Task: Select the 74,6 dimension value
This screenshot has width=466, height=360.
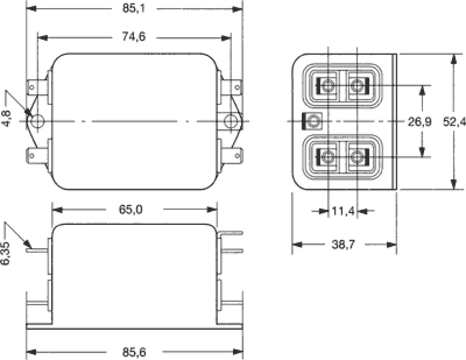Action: [x=134, y=37]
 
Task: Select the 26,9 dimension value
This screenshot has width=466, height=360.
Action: [x=419, y=122]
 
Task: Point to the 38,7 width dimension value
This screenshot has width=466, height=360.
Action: [x=344, y=245]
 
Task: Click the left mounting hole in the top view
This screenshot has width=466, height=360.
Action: [x=37, y=121]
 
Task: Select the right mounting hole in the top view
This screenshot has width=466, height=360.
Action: [x=231, y=121]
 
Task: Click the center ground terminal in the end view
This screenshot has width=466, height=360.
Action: [x=313, y=122]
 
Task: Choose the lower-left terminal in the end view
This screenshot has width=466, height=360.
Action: [x=326, y=157]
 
